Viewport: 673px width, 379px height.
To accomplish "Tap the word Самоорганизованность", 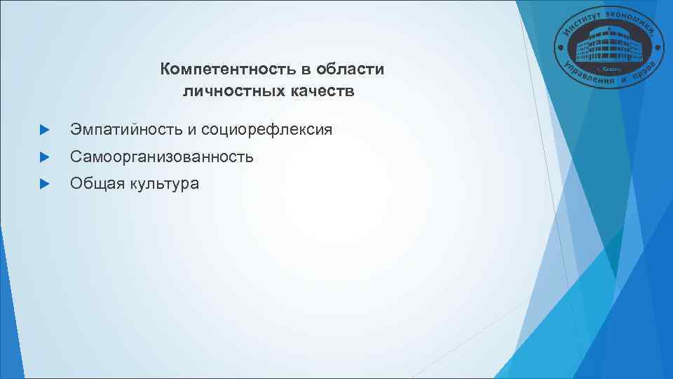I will pyautogui.click(x=161, y=157).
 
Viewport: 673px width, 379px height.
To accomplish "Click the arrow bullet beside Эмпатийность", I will pyautogui.click(x=44, y=131).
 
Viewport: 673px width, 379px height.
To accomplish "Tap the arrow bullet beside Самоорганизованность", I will pyautogui.click(x=44, y=157).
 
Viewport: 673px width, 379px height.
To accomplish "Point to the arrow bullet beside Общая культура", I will pyautogui.click(x=44, y=184).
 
